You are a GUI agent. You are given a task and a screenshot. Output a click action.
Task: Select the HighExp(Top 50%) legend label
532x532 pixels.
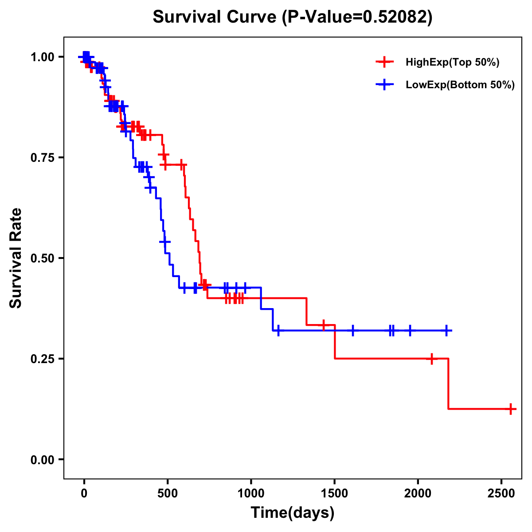tap(452, 63)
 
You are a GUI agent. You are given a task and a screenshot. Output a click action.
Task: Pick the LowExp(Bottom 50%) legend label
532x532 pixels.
tap(460, 85)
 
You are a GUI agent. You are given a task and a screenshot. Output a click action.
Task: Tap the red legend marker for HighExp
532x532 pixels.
tap(384, 62)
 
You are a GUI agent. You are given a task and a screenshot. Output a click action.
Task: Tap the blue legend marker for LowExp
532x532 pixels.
tap(384, 85)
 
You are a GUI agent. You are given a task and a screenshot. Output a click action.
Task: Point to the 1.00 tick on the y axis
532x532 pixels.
tap(43, 57)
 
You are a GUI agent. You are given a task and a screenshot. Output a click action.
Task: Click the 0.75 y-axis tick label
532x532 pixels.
tap(43, 158)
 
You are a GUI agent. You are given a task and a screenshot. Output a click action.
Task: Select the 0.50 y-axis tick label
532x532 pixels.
tap(43, 258)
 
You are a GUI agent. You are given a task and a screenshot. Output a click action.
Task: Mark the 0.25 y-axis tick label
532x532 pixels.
tap(43, 359)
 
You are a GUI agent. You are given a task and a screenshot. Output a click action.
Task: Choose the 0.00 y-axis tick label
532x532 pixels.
tap(43, 460)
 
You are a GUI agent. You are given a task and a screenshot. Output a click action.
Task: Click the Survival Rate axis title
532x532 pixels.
tap(16, 258)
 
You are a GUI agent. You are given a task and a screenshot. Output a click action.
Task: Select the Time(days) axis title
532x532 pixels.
tap(293, 513)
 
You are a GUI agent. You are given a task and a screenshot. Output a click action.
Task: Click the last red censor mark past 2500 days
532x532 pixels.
tap(511, 409)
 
